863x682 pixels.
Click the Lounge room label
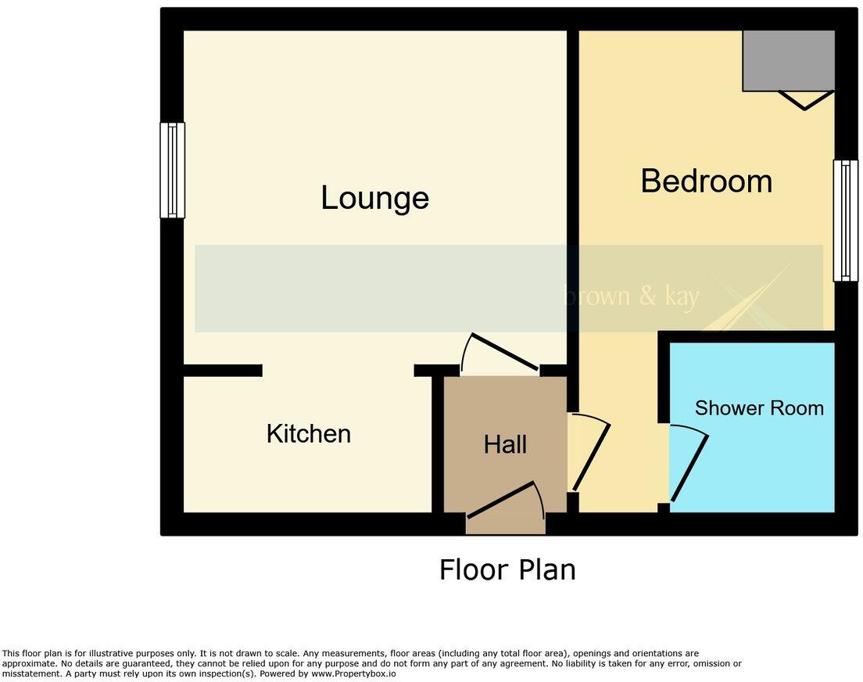pyautogui.click(x=374, y=197)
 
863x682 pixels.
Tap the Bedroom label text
pyautogui.click(x=706, y=181)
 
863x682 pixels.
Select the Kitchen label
pyautogui.click(x=308, y=433)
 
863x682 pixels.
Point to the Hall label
pyautogui.click(x=505, y=445)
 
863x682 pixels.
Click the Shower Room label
pyautogui.click(x=759, y=407)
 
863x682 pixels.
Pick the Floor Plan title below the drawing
pyautogui.click(x=507, y=569)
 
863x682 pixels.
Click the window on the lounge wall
pyautogui.click(x=173, y=170)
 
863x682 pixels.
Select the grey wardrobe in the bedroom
pyautogui.click(x=788, y=60)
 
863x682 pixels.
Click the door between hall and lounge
pyautogui.click(x=501, y=354)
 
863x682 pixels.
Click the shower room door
pyautogui.click(x=689, y=465)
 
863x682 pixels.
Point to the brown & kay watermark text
pyautogui.click(x=631, y=296)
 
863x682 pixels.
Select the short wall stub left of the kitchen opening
pyautogui.click(x=223, y=371)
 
